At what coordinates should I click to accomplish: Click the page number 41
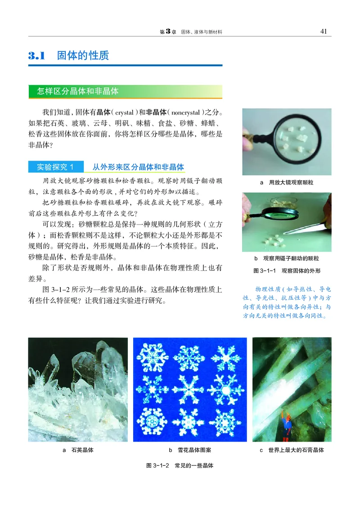pyautogui.click(x=323, y=31)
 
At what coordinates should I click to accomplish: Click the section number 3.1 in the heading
pyautogui.click(x=37, y=56)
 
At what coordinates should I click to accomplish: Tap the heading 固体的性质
pyautogui.click(x=83, y=56)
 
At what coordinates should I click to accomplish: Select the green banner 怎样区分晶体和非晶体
pyautogui.click(x=78, y=91)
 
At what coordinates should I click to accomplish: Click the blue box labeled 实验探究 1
pyautogui.click(x=56, y=167)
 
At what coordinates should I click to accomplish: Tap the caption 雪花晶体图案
pyautogui.click(x=193, y=450)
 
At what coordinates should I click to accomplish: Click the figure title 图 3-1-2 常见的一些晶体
pyautogui.click(x=180, y=466)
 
